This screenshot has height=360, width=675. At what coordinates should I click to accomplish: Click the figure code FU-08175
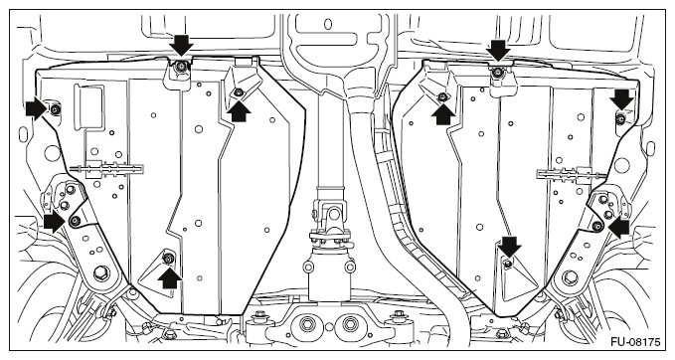pos(635,342)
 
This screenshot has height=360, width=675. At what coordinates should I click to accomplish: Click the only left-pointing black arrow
pos(618,227)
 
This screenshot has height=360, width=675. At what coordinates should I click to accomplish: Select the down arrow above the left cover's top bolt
pos(181,46)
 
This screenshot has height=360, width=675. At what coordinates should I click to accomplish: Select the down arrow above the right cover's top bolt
pos(498,50)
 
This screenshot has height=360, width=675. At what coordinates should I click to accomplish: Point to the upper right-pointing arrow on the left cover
pos(36,109)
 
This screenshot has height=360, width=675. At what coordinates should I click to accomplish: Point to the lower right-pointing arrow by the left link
pos(55,222)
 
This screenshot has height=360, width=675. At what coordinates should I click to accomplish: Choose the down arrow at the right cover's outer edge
pos(621,99)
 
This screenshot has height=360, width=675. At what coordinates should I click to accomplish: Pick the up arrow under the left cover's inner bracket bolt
pos(238,111)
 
